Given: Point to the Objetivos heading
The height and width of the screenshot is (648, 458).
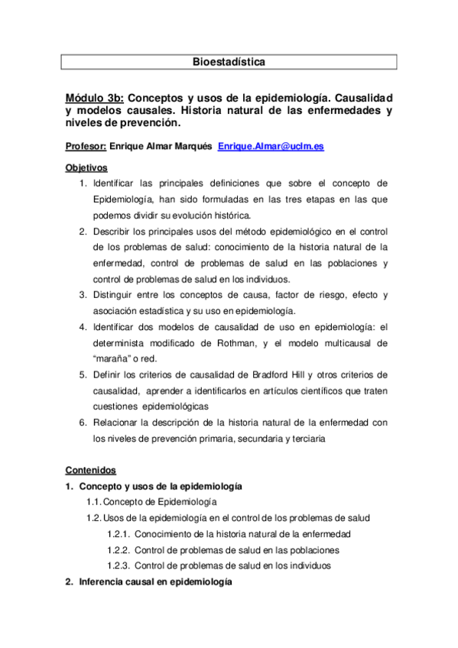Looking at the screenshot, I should point(86,167).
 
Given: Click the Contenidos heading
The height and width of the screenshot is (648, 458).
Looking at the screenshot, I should point(90,470).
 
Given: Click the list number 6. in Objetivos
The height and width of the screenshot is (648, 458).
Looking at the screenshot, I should point(83,423).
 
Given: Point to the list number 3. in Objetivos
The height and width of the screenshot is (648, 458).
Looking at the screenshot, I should point(83,295).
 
